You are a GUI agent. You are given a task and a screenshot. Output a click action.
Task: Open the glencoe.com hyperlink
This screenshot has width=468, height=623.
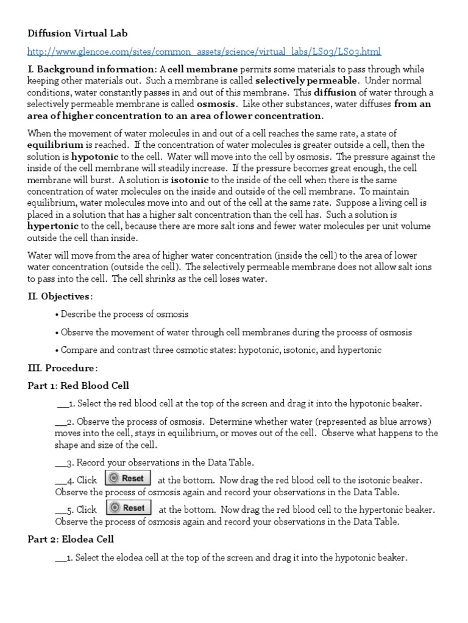point(205,52)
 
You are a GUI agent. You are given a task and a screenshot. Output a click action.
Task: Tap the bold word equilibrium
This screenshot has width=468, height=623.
point(55,145)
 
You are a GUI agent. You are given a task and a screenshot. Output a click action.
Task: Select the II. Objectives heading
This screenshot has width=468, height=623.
point(60,296)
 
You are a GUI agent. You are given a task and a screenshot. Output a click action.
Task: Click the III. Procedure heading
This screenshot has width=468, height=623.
point(62,368)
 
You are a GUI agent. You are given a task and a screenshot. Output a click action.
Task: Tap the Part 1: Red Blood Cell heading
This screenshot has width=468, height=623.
point(78,386)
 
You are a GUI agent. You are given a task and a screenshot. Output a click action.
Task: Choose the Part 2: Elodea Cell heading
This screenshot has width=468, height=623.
point(71,539)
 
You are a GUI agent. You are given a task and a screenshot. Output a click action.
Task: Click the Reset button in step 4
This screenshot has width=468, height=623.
point(127,478)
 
